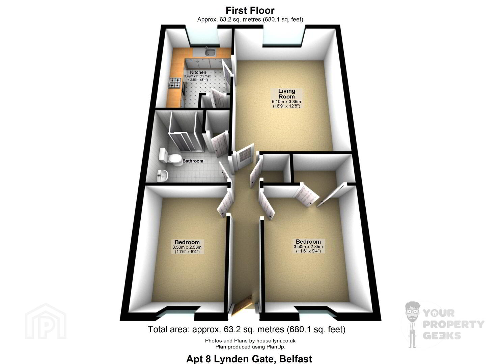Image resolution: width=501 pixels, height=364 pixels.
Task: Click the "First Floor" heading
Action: pyautogui.click(x=250, y=10)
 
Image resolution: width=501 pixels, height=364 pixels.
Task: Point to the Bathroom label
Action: pyautogui.click(x=193, y=161)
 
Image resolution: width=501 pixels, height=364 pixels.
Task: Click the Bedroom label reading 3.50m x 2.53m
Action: pyautogui.click(x=187, y=247)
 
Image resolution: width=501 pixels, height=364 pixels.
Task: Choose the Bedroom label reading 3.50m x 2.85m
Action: pyautogui.click(x=308, y=246)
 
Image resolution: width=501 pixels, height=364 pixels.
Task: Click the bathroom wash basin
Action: pyautogui.click(x=162, y=176)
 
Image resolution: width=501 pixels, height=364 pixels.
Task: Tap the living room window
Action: pyautogui.click(x=284, y=36)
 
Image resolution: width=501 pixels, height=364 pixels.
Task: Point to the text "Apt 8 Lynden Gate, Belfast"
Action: pyautogui.click(x=249, y=359)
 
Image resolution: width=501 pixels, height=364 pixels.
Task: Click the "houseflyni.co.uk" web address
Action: pyautogui.click(x=276, y=341)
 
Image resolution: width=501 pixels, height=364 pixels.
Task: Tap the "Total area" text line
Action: pyautogui.click(x=247, y=329)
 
